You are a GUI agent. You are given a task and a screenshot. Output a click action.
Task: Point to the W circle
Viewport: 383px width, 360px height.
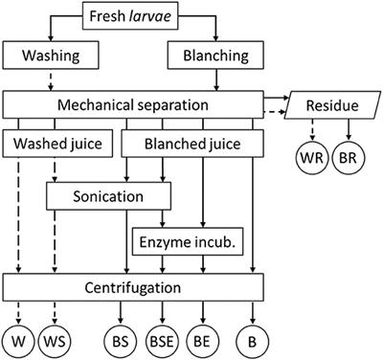18,340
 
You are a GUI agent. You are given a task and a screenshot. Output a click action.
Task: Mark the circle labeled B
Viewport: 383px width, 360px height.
253,340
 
